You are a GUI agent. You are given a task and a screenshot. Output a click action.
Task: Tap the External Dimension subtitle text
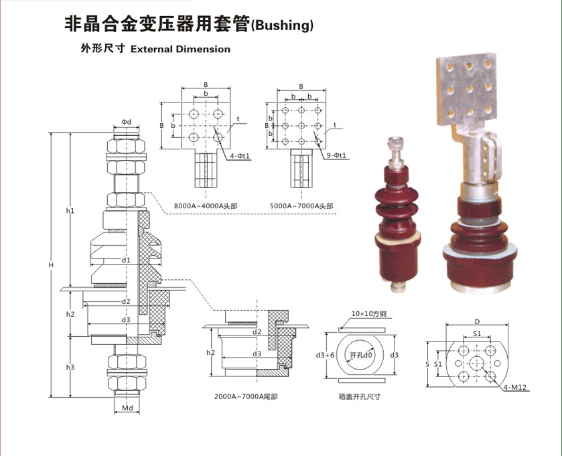coord(180,49)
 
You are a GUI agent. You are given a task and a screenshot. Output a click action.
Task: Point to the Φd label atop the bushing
coord(127,121)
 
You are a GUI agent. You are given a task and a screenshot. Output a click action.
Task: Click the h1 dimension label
coord(70,211)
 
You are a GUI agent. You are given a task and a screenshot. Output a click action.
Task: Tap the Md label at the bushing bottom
coord(127,407)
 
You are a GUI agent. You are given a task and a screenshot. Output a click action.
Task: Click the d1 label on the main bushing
coord(126,259)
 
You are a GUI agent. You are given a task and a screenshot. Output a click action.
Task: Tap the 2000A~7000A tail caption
coord(246,397)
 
